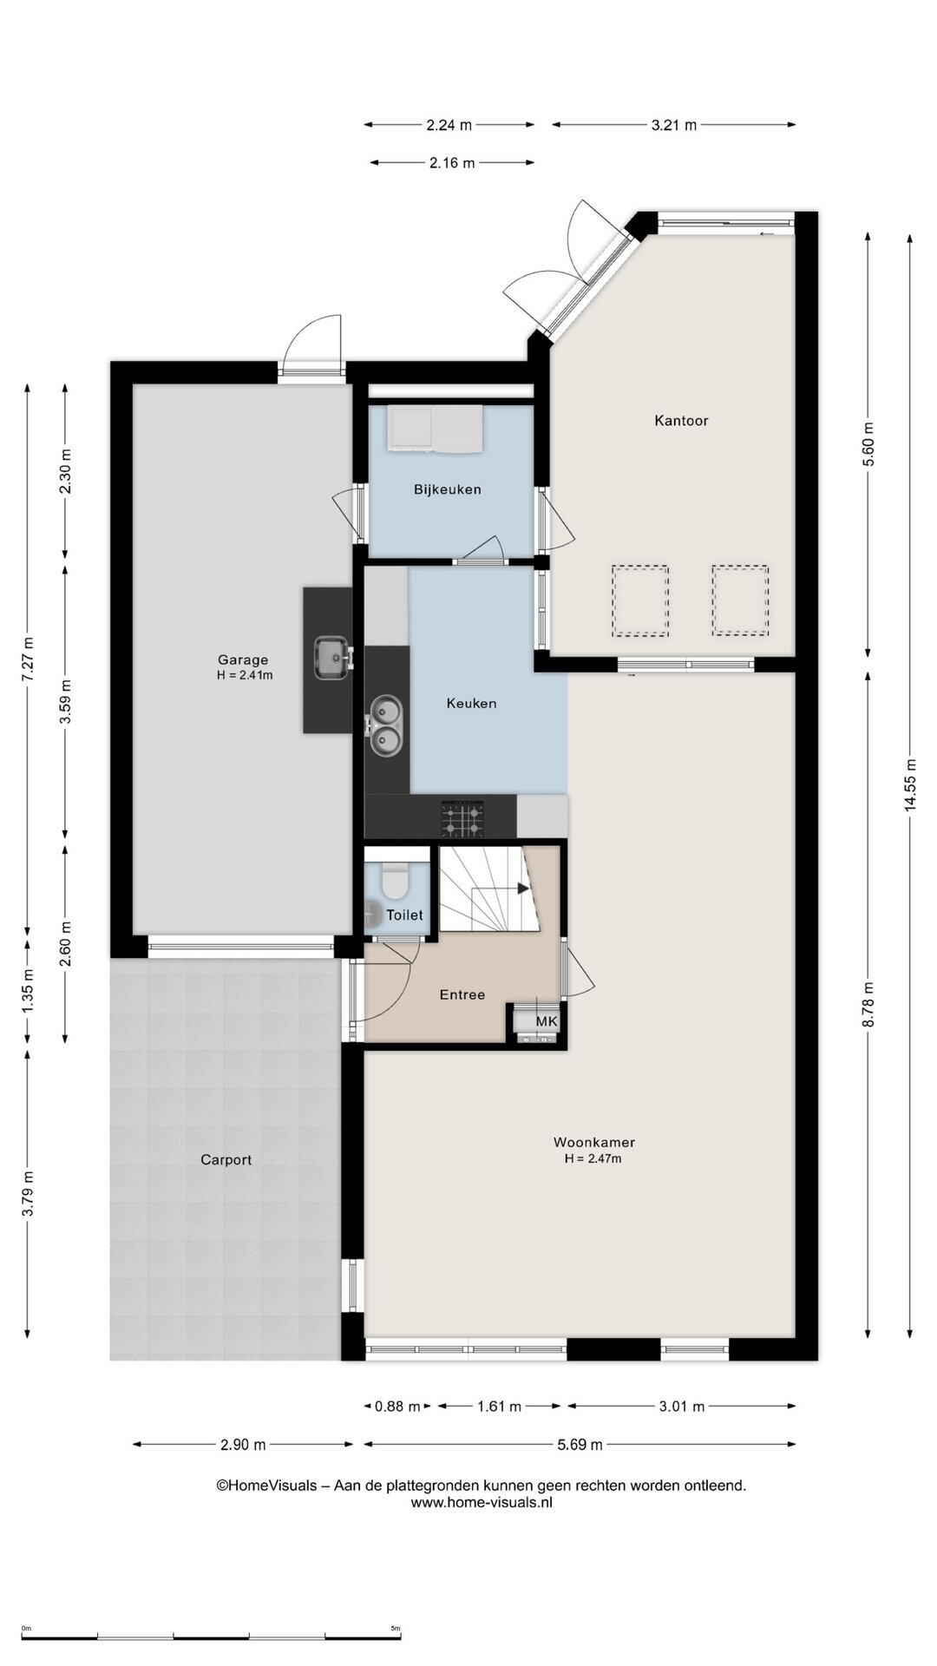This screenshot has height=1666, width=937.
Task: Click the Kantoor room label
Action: click(681, 421)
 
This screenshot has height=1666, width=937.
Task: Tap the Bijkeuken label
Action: click(447, 489)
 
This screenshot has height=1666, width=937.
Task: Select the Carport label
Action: click(226, 1159)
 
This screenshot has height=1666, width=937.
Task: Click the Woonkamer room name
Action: click(594, 1142)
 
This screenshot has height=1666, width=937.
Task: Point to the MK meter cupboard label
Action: click(546, 1021)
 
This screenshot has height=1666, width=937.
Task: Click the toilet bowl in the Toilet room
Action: click(396, 879)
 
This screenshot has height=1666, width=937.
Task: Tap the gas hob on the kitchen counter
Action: click(462, 818)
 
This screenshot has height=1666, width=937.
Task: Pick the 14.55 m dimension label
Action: click(909, 785)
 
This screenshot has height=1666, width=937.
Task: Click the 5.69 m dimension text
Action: click(580, 1445)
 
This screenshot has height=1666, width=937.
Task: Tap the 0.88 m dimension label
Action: click(397, 1407)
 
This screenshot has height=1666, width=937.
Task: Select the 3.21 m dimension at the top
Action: click(674, 125)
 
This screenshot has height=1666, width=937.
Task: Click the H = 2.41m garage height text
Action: click(245, 675)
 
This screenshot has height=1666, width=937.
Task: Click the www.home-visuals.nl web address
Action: click(482, 1503)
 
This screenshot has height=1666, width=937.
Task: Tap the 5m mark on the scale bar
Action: click(395, 1628)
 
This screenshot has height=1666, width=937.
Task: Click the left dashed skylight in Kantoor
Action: click(640, 600)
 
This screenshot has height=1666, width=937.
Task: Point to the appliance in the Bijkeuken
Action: click(435, 429)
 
